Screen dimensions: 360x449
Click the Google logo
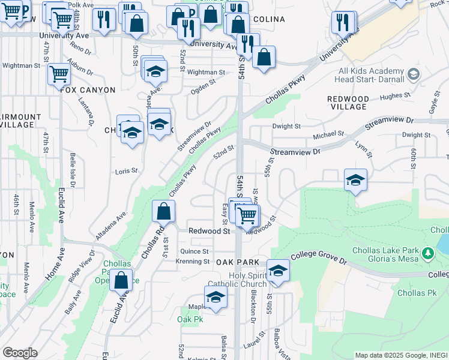coord(19,353)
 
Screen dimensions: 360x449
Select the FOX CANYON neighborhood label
coord(88,90)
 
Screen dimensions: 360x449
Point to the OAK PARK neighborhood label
coord(237,262)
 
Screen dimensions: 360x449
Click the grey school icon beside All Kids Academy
coord(413,74)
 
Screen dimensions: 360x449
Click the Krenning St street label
coord(192,262)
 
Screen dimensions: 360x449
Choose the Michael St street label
coord(332,134)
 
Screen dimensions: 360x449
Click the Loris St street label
coord(126,171)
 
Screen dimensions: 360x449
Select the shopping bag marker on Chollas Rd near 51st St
coord(163,212)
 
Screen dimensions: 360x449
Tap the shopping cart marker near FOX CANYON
coord(59,74)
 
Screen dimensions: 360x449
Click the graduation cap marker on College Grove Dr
coord(278,271)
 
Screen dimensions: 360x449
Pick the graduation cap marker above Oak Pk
coord(216,298)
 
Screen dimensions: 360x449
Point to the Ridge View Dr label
coord(82,267)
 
